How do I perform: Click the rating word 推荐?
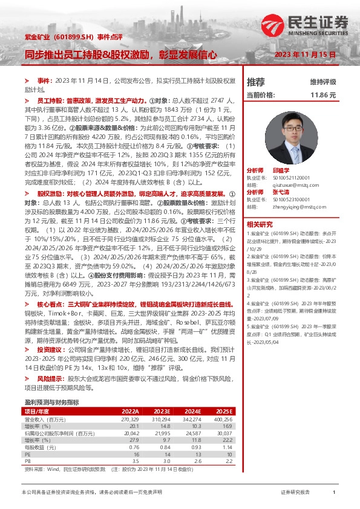(x=255, y=82)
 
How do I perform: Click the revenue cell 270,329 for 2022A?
(x=130, y=418)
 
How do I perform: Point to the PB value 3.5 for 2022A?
(x=135, y=461)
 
